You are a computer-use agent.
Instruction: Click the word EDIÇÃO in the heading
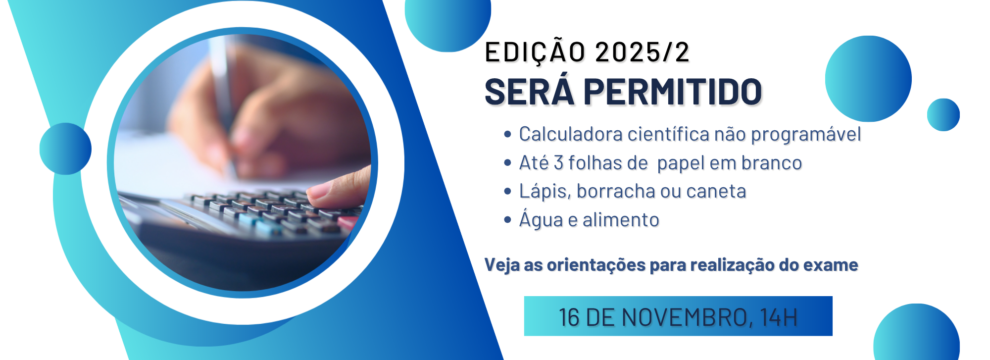[x=535, y=52]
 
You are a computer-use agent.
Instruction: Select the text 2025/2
[x=642, y=52]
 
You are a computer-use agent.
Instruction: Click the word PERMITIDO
[x=673, y=92]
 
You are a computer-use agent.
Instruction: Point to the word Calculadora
[x=571, y=134]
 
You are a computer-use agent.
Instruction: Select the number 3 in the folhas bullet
[x=558, y=163]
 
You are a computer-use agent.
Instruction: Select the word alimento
[x=621, y=220]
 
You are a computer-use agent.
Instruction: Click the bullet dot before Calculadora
[x=507, y=134]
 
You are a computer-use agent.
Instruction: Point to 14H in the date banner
[x=779, y=317]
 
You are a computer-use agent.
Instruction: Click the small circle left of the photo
[x=65, y=149]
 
